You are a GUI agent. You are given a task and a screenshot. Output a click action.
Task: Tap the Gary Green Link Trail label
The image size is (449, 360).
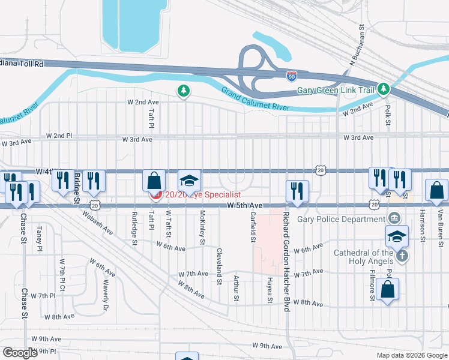pos(336,91)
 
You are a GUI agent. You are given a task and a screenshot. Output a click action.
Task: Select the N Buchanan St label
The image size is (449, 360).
pos(354,46)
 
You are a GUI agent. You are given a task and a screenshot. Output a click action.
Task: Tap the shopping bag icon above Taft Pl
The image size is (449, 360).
pos(154,180)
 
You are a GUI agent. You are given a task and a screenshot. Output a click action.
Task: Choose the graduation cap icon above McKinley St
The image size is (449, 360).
pos(188,180)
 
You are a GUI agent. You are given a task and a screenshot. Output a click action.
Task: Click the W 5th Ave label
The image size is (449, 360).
pos(246,205)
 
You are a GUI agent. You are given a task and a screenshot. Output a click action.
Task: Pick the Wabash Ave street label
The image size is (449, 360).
pos(98,221)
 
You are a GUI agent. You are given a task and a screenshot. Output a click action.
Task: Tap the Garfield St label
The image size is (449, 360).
pos(253,227)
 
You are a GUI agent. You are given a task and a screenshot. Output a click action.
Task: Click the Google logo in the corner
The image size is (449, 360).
pos(20,353)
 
